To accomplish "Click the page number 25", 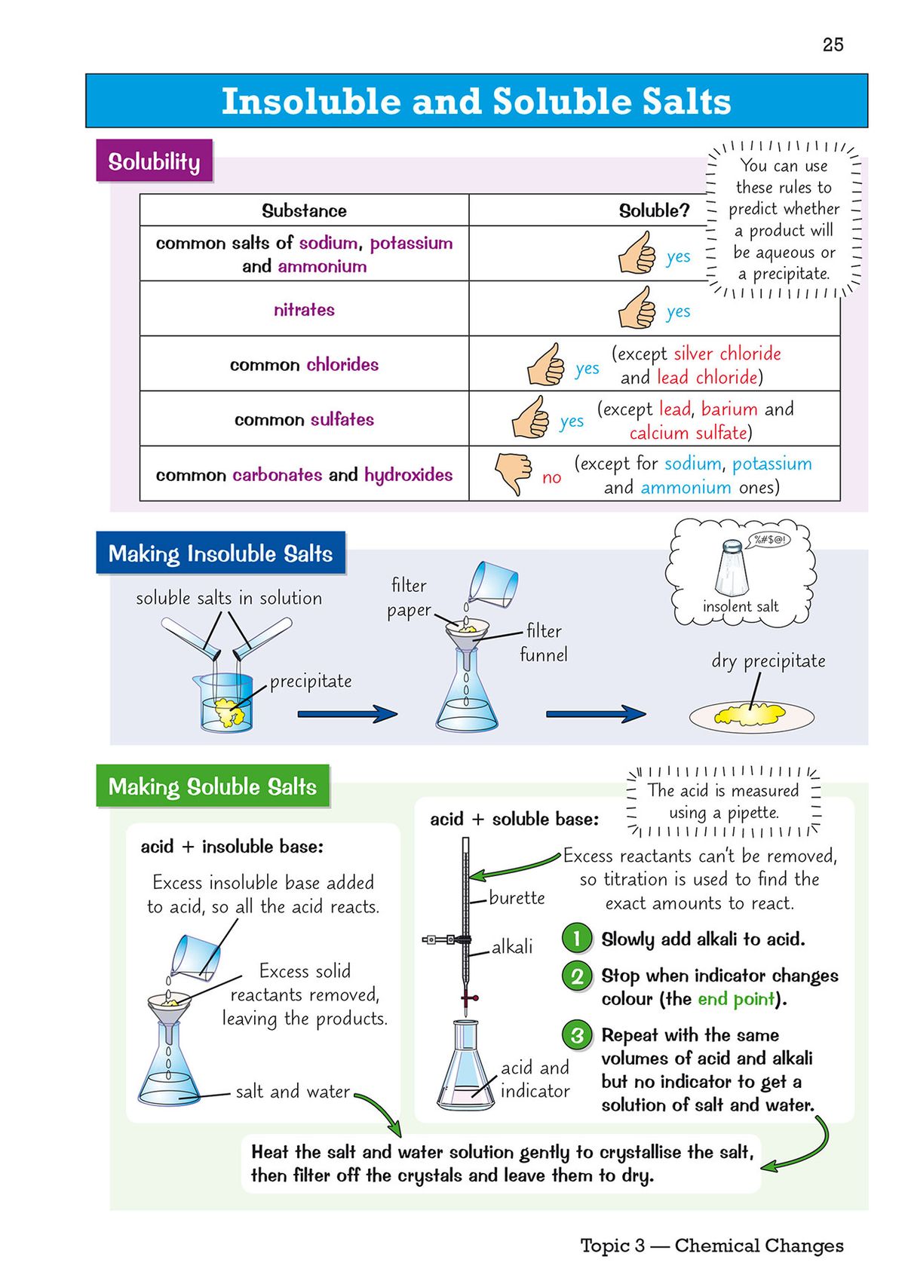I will (833, 44).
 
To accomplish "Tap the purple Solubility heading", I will (154, 161).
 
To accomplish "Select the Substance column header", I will (304, 210).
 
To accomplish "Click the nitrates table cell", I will (304, 309).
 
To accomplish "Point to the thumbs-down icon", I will (513, 473).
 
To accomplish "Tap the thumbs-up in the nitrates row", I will (637, 308).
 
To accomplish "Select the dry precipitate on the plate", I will (751, 713).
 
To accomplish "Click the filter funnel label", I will (544, 642).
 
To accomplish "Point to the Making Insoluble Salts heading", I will (220, 553).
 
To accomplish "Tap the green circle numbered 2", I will (577, 976).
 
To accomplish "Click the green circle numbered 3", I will (577, 1035).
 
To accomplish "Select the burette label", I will (517, 898).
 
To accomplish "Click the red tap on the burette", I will (469, 998).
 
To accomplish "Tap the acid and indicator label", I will (535, 1079).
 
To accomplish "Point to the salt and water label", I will (293, 1092).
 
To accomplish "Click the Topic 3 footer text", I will (711, 1246).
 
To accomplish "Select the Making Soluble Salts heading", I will (213, 786).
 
